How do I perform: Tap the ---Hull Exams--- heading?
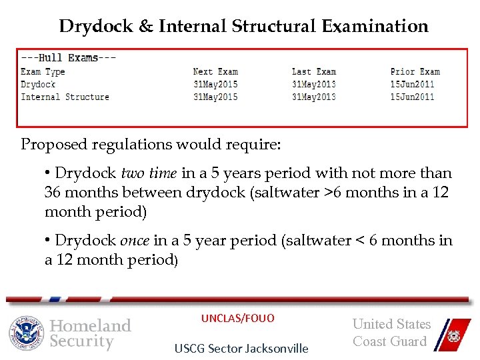tap(69, 57)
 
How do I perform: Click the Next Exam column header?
tap(215, 71)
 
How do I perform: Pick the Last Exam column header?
tap(314, 71)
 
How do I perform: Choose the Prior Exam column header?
tap(415, 71)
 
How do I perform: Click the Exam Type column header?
tap(43, 71)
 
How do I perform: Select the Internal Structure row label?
tap(65, 97)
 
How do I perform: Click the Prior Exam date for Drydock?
tap(413, 84)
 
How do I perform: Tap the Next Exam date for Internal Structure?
tap(215, 97)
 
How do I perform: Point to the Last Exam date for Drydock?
tap(314, 84)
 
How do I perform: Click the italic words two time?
tap(149, 173)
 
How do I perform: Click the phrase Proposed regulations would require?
tap(151, 144)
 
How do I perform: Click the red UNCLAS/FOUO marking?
tap(238, 319)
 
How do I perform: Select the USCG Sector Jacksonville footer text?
tap(241, 348)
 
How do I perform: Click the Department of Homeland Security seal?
tap(27, 333)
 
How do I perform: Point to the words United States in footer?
tap(392, 325)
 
